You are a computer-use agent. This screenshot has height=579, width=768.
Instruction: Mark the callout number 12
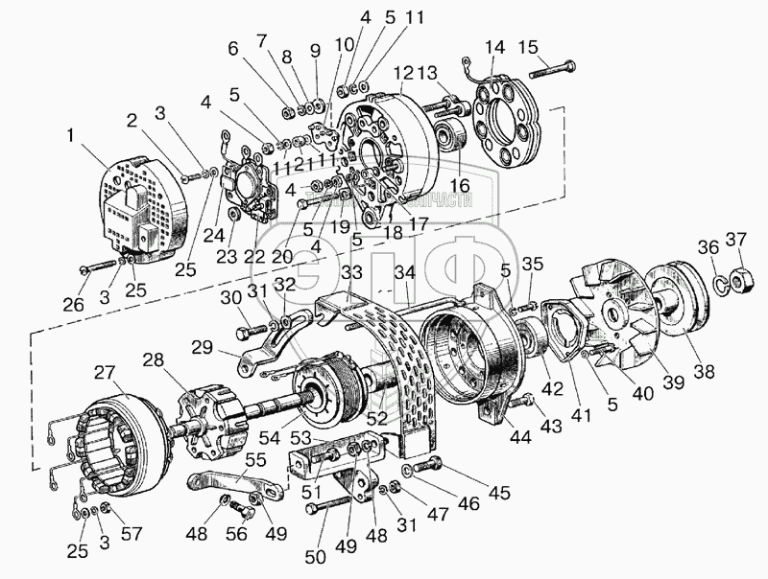point(401,73)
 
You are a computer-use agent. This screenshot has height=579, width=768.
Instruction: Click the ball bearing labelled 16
point(452,138)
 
